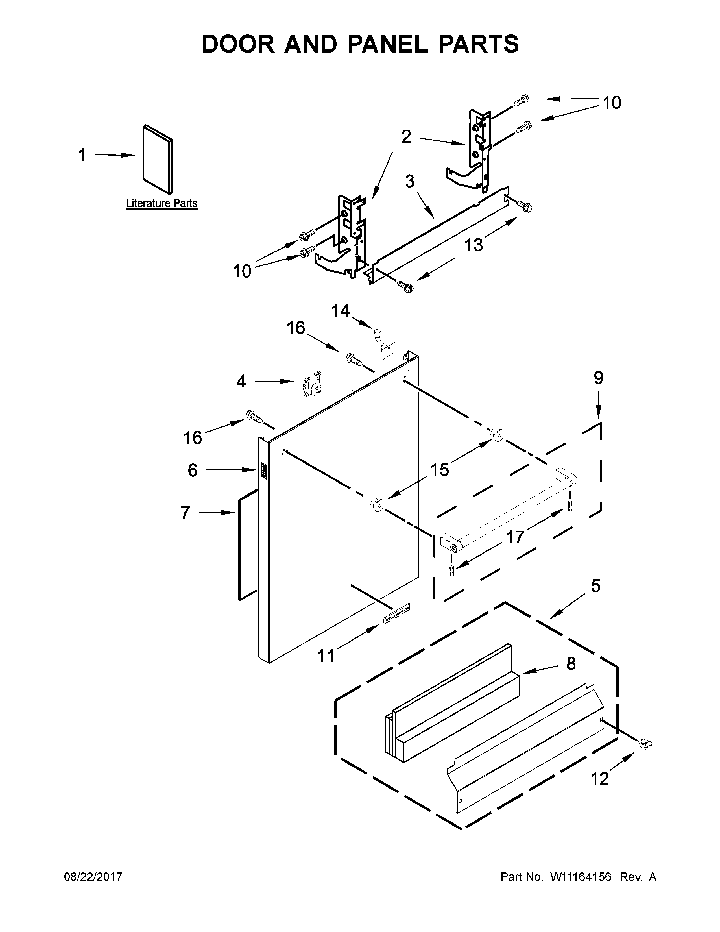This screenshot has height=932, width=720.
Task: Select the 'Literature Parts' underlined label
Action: coord(162,204)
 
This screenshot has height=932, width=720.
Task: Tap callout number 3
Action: coord(409,181)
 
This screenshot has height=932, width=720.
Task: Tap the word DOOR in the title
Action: coord(238,44)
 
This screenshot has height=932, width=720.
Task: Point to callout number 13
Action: coord(474,245)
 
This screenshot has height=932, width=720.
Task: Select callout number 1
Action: coord(82,155)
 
